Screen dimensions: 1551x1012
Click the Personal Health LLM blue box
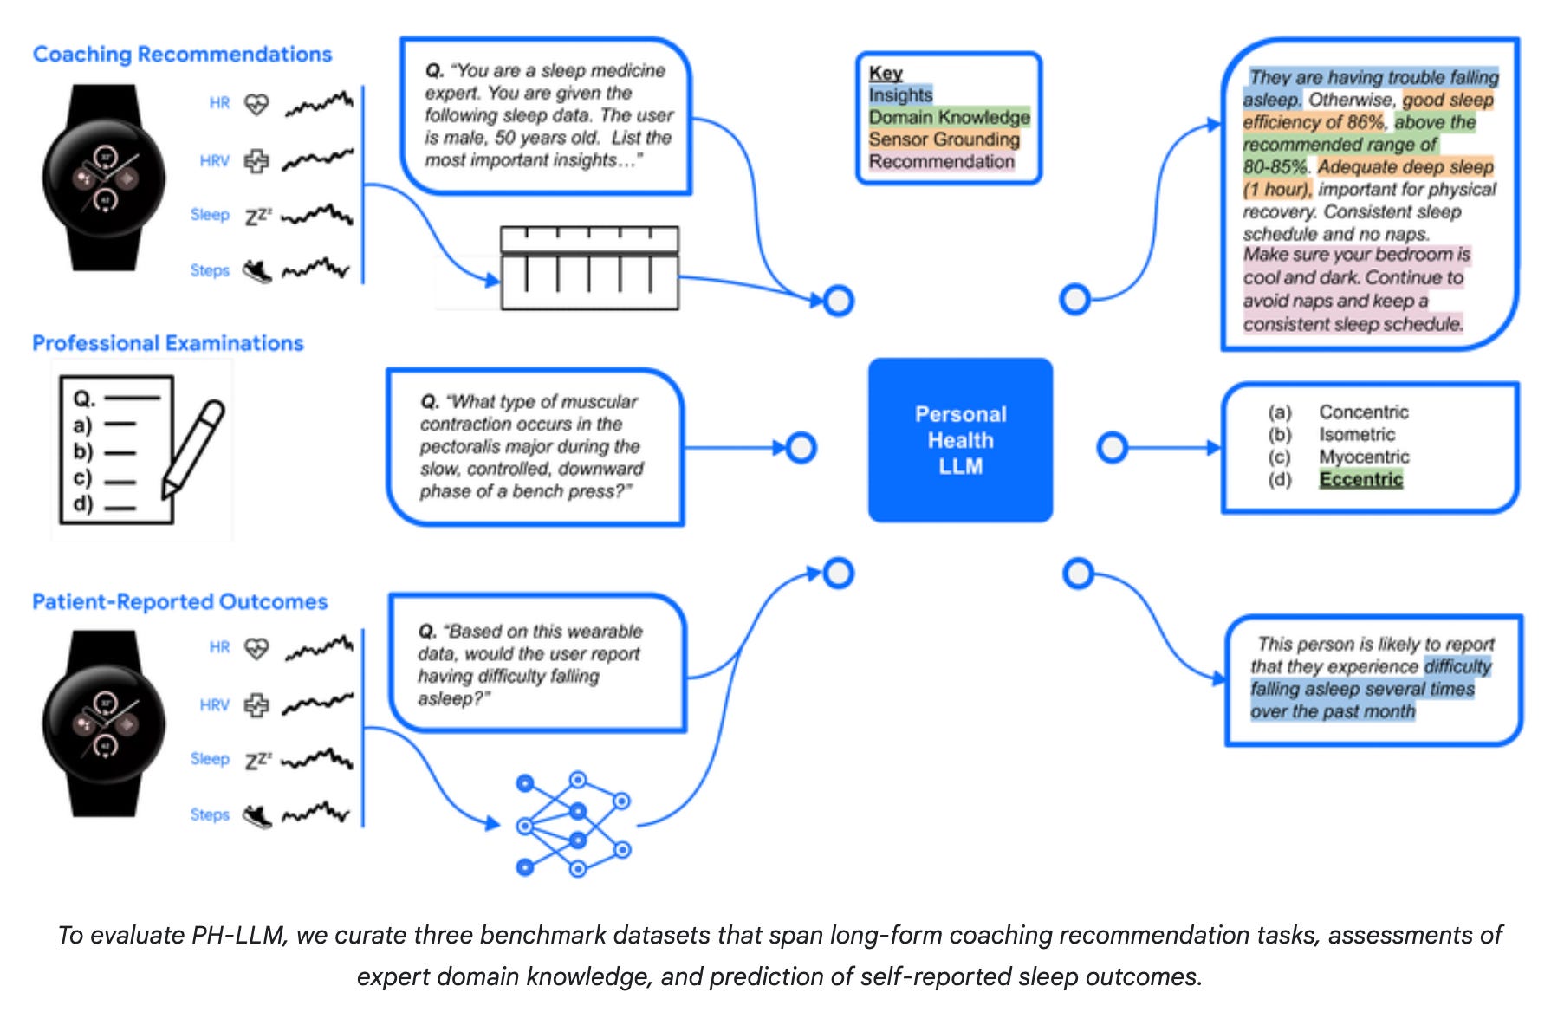point(960,440)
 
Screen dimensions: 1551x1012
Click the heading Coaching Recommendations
point(182,55)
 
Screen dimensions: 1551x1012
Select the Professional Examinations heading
point(168,343)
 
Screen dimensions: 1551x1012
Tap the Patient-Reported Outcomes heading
point(180,601)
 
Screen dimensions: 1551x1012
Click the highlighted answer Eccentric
point(1360,479)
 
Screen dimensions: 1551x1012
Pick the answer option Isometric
point(1357,434)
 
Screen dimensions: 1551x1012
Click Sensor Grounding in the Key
point(944,139)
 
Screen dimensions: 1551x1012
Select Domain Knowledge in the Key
point(949,117)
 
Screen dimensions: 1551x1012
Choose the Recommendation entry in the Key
point(941,162)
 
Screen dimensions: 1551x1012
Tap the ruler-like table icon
point(589,268)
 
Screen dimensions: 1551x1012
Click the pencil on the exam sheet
point(193,449)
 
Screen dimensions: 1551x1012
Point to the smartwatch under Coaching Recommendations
point(105,178)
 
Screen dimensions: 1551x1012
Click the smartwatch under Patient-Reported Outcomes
point(105,723)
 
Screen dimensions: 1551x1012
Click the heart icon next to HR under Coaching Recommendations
point(256,105)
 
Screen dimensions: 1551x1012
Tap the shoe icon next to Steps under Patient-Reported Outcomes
point(257,815)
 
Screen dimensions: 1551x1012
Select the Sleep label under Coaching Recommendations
point(210,215)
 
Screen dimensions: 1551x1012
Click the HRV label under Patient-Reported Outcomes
point(215,705)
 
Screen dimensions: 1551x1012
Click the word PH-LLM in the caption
point(237,936)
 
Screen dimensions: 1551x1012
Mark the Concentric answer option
point(1364,412)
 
